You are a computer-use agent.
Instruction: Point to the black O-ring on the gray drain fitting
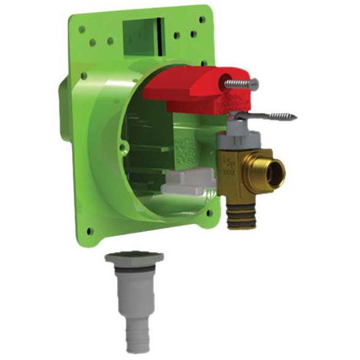(133, 267)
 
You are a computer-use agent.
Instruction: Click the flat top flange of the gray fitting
(134, 256)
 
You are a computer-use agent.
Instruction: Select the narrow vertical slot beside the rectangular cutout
(161, 29)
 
